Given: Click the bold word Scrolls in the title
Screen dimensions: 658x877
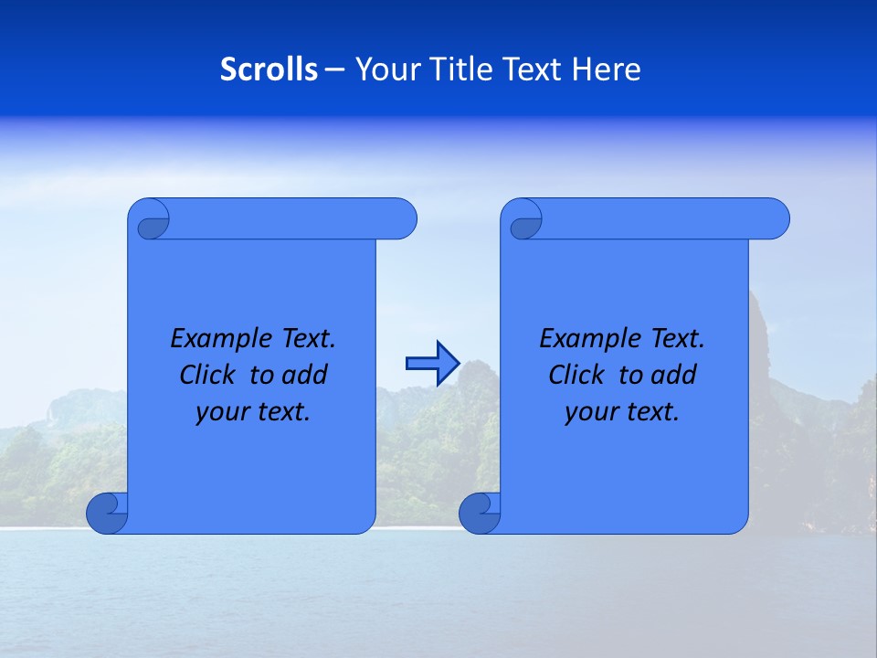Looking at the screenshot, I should coord(269,69).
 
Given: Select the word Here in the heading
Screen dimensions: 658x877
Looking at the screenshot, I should coord(607,69).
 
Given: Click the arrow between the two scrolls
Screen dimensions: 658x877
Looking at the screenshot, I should coord(432,364).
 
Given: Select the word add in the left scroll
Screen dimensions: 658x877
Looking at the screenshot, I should coord(304,376).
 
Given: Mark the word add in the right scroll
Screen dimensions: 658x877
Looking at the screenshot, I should coord(673,376).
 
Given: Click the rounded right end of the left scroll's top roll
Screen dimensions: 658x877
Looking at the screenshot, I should coord(402,219).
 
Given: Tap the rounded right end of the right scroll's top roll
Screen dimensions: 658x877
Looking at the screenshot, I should coord(775,219).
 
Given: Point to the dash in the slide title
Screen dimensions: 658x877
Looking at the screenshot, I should coord(334,69).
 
